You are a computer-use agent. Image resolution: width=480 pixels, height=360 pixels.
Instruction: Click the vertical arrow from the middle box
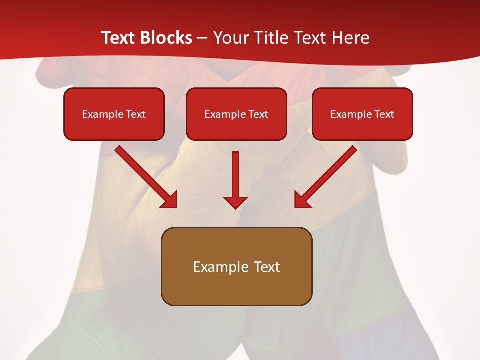(x=235, y=180)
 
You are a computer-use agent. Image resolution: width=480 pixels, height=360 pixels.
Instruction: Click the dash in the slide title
(x=202, y=38)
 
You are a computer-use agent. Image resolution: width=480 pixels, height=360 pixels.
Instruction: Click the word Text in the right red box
(x=383, y=114)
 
